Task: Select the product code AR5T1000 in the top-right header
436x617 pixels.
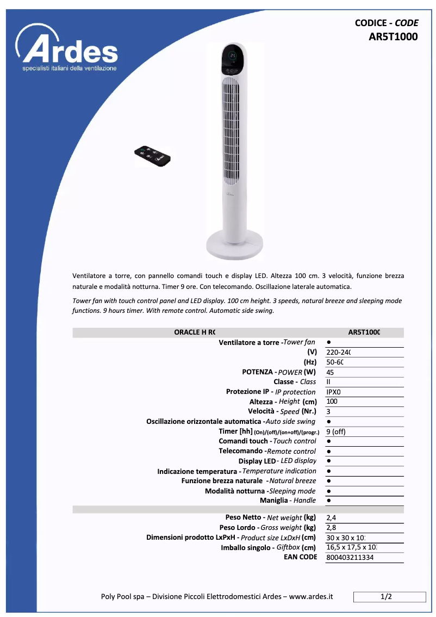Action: click(393, 37)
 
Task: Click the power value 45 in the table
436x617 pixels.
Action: click(330, 372)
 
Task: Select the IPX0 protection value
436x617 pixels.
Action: click(333, 392)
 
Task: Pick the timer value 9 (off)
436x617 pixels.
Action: click(336, 431)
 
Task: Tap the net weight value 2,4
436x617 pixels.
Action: click(331, 517)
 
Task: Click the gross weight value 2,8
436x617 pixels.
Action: click(331, 527)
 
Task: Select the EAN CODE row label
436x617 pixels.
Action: click(300, 557)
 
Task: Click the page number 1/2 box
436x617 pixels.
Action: click(387, 597)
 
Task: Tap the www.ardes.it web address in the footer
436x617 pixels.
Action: click(311, 597)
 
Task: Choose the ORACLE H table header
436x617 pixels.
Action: click(195, 332)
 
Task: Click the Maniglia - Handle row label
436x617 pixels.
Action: click(288, 500)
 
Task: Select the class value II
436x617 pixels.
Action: click(328, 382)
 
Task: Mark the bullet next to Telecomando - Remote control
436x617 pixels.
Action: click(329, 452)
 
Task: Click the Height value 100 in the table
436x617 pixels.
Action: click(332, 402)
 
